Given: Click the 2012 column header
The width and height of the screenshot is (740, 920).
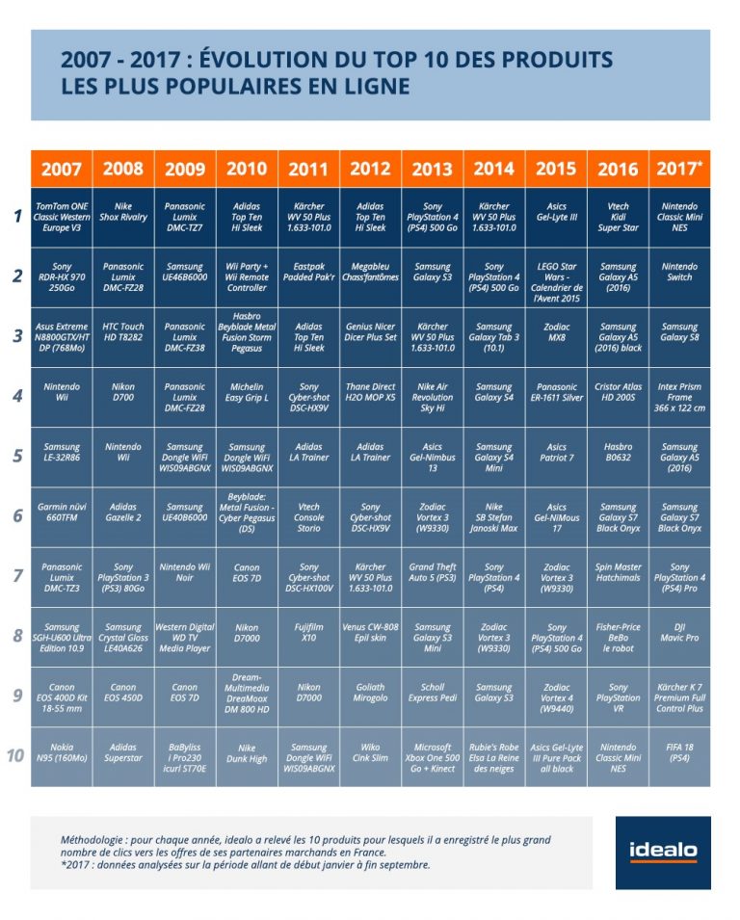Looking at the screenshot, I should [x=370, y=170].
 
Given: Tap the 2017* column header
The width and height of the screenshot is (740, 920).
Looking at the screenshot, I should [x=679, y=170].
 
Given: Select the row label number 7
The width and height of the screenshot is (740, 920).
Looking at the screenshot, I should [x=16, y=576].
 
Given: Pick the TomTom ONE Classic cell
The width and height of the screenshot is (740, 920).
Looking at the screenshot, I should [x=62, y=217].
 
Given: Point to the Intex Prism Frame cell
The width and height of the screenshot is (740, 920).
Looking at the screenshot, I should [x=679, y=397].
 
